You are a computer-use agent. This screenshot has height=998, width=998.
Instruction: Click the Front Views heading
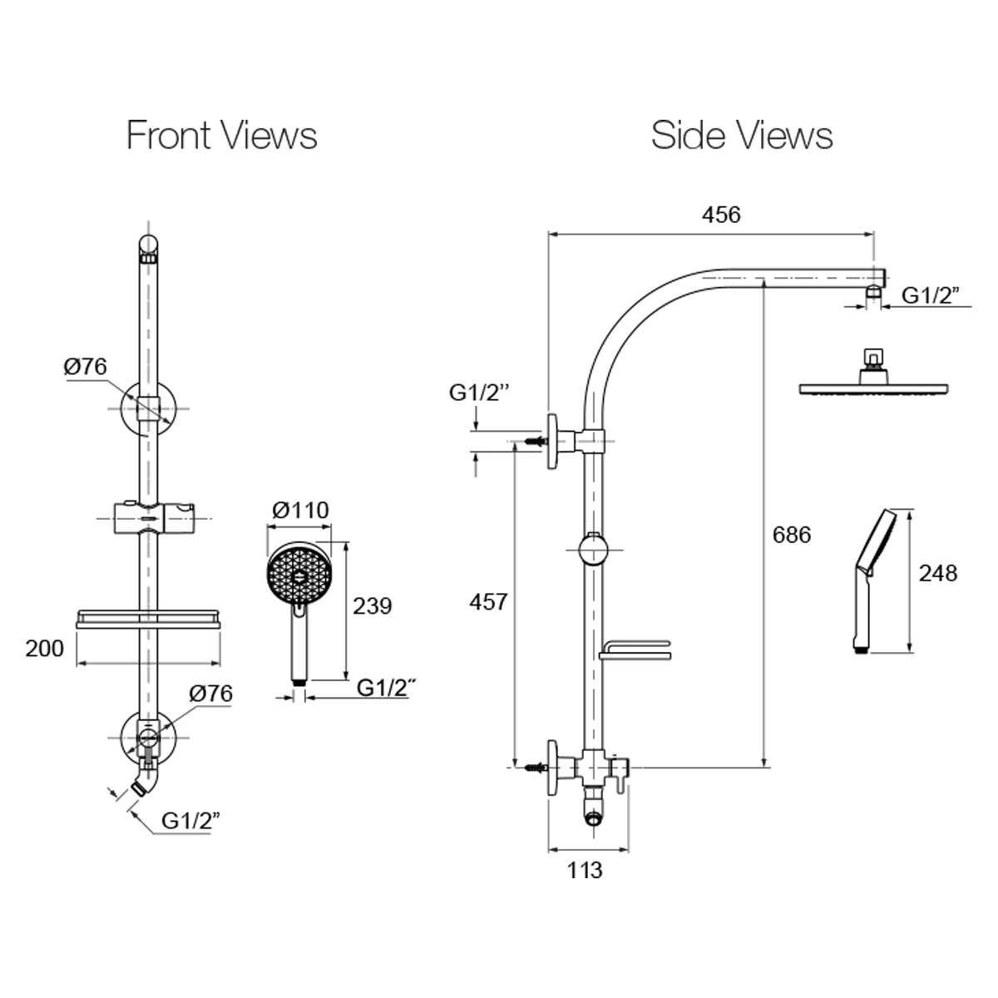[x=221, y=135]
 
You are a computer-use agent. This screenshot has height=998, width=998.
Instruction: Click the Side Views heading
[x=742, y=135]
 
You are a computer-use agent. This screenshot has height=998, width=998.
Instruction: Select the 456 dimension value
[x=720, y=215]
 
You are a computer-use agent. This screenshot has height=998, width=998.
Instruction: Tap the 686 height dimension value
[x=791, y=534]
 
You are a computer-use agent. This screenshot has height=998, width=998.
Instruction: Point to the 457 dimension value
[x=488, y=601]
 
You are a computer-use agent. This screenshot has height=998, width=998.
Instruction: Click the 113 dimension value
[x=585, y=870]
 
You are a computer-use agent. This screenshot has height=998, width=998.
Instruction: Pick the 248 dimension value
[x=937, y=573]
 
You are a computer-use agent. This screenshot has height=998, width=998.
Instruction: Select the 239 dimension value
[x=372, y=605]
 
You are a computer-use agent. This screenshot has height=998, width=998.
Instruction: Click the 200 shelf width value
[x=44, y=648]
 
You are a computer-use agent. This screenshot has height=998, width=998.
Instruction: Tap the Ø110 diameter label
[x=300, y=510]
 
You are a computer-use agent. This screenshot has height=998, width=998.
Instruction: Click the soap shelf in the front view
[x=149, y=619]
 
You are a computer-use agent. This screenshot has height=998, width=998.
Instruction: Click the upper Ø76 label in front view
[x=86, y=366]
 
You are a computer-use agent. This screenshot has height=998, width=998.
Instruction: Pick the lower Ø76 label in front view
[x=210, y=693]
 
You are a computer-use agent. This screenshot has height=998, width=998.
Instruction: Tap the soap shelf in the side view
[x=634, y=650]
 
